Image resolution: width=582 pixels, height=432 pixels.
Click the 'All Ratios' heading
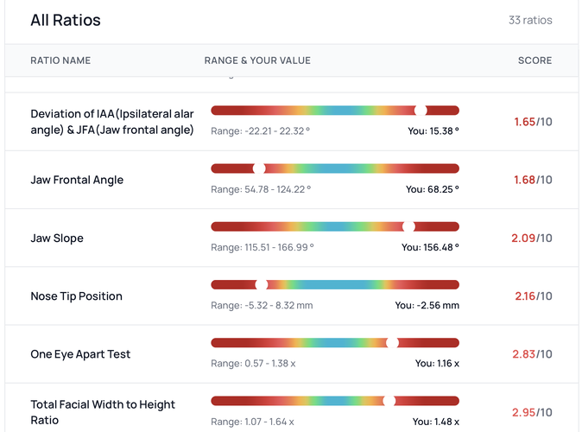pyautogui.click(x=66, y=20)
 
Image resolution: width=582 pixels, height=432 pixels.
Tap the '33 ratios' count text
pyautogui.click(x=530, y=20)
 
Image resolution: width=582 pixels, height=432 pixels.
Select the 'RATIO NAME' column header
pyautogui.click(x=60, y=60)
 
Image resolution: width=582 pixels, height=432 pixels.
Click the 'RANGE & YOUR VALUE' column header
pyautogui.click(x=257, y=60)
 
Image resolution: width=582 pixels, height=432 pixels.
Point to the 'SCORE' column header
pyautogui.click(x=535, y=60)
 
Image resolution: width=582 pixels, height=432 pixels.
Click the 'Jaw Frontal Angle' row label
pyautogui.click(x=77, y=180)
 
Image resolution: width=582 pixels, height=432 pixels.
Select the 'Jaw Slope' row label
pyautogui.click(x=57, y=238)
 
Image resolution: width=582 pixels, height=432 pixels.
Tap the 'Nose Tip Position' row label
pyautogui.click(x=76, y=296)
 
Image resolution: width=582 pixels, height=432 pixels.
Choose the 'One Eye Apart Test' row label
pyautogui.click(x=80, y=354)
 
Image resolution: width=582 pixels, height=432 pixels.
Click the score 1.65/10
pyautogui.click(x=533, y=122)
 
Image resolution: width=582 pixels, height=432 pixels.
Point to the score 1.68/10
pyautogui.click(x=533, y=180)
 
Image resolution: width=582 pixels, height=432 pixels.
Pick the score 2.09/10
pyautogui.click(x=532, y=238)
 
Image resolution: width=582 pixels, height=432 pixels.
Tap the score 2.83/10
pyautogui.click(x=532, y=354)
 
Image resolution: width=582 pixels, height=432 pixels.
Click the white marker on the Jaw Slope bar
pyautogui.click(x=408, y=226)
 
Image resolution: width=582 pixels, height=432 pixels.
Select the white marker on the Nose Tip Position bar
pyautogui.click(x=262, y=284)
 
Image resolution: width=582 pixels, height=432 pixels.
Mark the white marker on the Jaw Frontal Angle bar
pyautogui.click(x=259, y=168)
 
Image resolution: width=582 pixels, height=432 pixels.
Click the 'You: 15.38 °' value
pyautogui.click(x=433, y=130)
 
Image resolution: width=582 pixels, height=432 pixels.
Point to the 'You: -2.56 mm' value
pyautogui.click(x=427, y=305)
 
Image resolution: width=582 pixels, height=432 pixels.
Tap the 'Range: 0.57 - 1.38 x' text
pyautogui.click(x=253, y=363)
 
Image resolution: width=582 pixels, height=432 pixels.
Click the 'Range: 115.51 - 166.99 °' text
pyautogui.click(x=263, y=247)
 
